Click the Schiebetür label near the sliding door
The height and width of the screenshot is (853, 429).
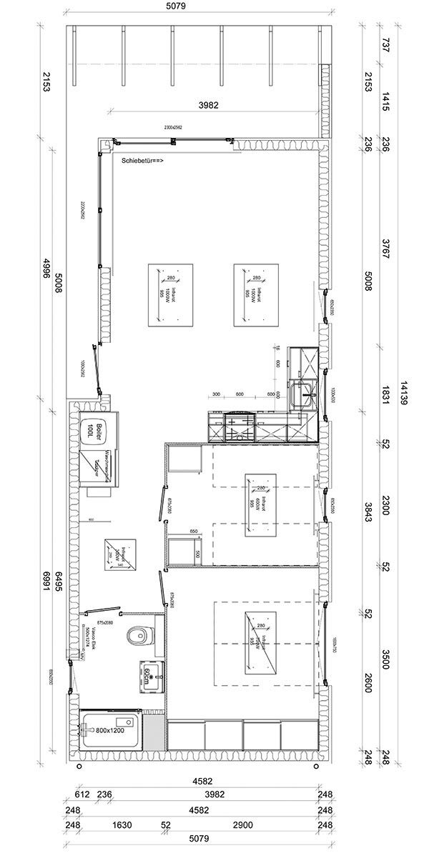pos(142,161)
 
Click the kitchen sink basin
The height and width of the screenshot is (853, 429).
pos(305,391)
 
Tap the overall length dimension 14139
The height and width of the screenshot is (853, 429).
pos(405,391)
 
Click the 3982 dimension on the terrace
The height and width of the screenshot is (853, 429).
pos(208,104)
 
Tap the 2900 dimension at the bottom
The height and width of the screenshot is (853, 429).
pos(242,825)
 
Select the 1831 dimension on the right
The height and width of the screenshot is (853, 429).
pos(385,400)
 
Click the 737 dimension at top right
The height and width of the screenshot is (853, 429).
pos(385,44)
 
